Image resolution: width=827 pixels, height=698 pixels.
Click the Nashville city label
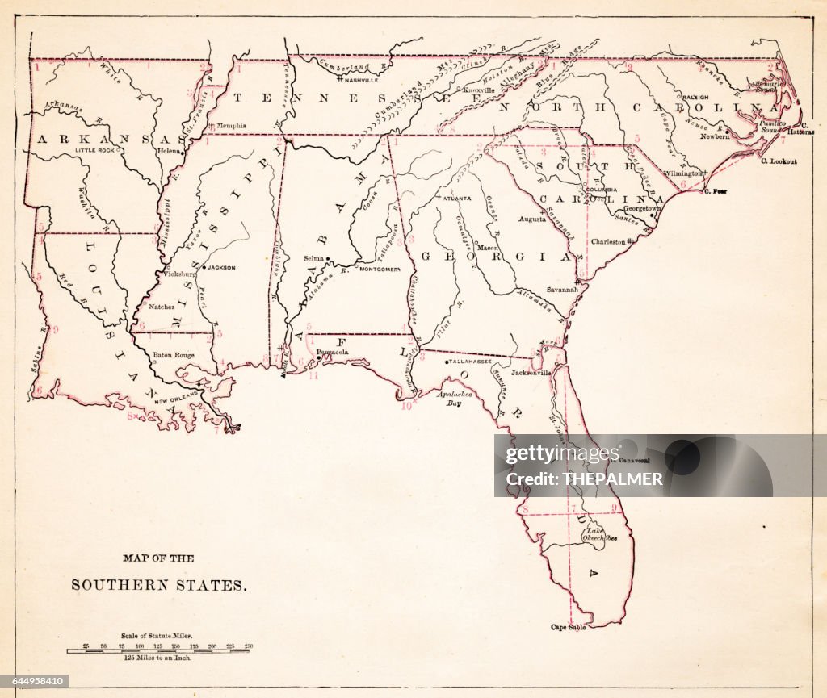361,80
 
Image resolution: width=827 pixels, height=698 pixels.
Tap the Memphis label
230,126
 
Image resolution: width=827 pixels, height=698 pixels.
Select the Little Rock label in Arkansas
96,150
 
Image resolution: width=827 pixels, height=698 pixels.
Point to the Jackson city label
221,267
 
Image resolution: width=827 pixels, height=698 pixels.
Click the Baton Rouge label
174,354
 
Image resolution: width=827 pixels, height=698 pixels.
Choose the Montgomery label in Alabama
380,269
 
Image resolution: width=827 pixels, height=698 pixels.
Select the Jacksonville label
531,373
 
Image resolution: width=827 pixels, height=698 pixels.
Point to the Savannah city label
562,289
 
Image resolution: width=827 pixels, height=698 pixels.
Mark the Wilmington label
683,173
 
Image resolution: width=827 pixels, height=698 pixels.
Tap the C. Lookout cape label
779,161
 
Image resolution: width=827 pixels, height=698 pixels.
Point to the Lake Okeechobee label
601,534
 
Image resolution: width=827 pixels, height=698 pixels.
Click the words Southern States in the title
159,585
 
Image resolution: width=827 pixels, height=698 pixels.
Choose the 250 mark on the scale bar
248,646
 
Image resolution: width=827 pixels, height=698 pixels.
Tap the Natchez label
162,307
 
